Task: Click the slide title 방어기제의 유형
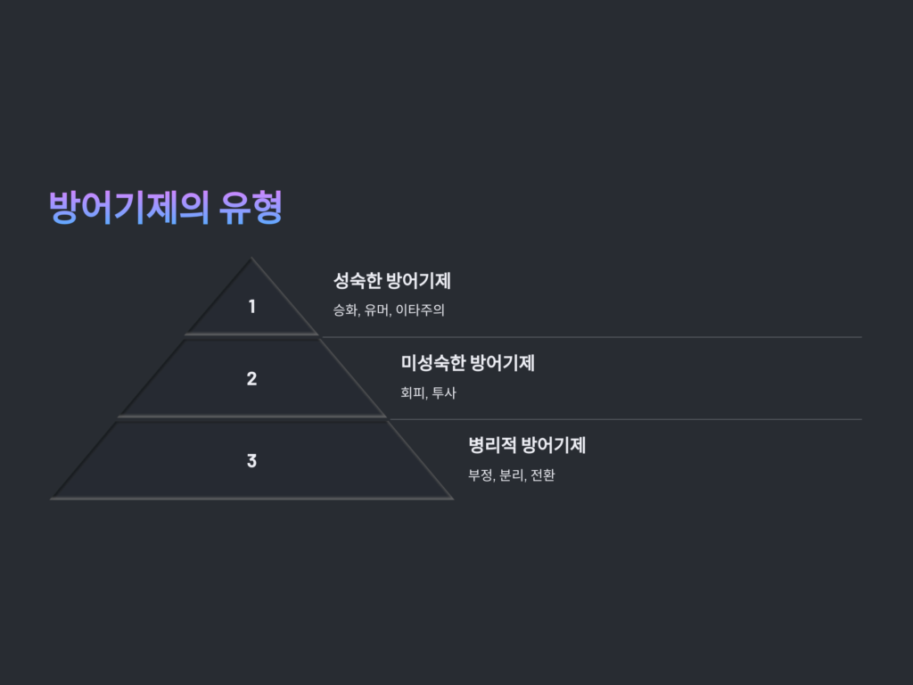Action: tap(166, 207)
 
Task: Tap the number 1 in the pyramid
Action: tap(251, 307)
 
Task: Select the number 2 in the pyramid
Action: tap(251, 378)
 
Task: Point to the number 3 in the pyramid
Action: tap(251, 461)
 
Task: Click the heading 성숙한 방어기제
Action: tap(392, 281)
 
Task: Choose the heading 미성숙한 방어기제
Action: tap(467, 363)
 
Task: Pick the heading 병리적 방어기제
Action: tap(527, 445)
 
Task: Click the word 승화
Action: tap(345, 309)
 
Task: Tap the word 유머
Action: tap(377, 309)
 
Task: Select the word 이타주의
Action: tap(420, 309)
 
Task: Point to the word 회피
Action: tap(413, 392)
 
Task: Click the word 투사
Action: tap(444, 392)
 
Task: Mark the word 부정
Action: tap(481, 475)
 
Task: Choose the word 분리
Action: tap(512, 475)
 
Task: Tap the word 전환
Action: tap(543, 475)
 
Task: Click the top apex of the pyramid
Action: tap(251, 258)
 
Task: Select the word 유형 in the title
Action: tap(251, 207)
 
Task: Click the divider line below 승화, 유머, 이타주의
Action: tap(592, 336)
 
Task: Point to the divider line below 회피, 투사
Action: tap(625, 419)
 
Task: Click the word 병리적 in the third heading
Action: tap(492, 445)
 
